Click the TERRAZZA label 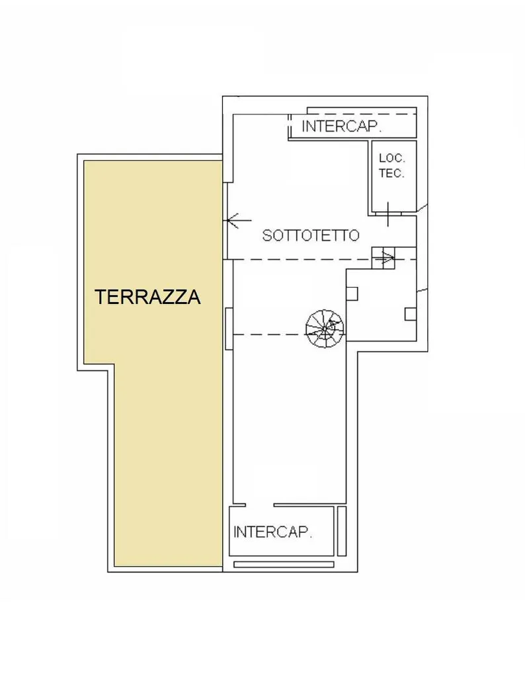pyautogui.click(x=147, y=297)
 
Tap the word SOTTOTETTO pyautogui.click(x=311, y=235)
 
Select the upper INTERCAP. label pyautogui.click(x=341, y=126)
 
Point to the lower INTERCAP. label pyautogui.click(x=272, y=532)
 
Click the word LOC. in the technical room pyautogui.click(x=392, y=158)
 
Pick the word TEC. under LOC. pyautogui.click(x=391, y=174)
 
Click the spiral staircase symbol pyautogui.click(x=325, y=329)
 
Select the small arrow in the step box pyautogui.click(x=387, y=259)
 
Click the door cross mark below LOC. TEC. pyautogui.click(x=387, y=214)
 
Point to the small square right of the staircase pyautogui.click(x=352, y=294)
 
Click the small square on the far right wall pyautogui.click(x=411, y=314)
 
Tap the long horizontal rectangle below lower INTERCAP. pyautogui.click(x=284, y=565)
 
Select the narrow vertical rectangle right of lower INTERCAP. pyautogui.click(x=341, y=531)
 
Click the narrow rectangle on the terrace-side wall pyautogui.click(x=229, y=329)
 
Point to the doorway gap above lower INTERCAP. pyautogui.click(x=259, y=504)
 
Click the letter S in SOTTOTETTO pyautogui.click(x=267, y=235)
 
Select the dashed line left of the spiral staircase pyautogui.click(x=269, y=335)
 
